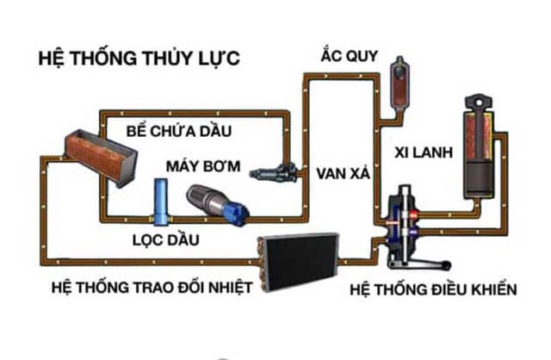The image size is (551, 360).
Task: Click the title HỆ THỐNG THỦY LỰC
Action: (x=138, y=59)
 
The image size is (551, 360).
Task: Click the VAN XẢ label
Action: (x=343, y=171)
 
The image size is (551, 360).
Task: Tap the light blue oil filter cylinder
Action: (x=161, y=199)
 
